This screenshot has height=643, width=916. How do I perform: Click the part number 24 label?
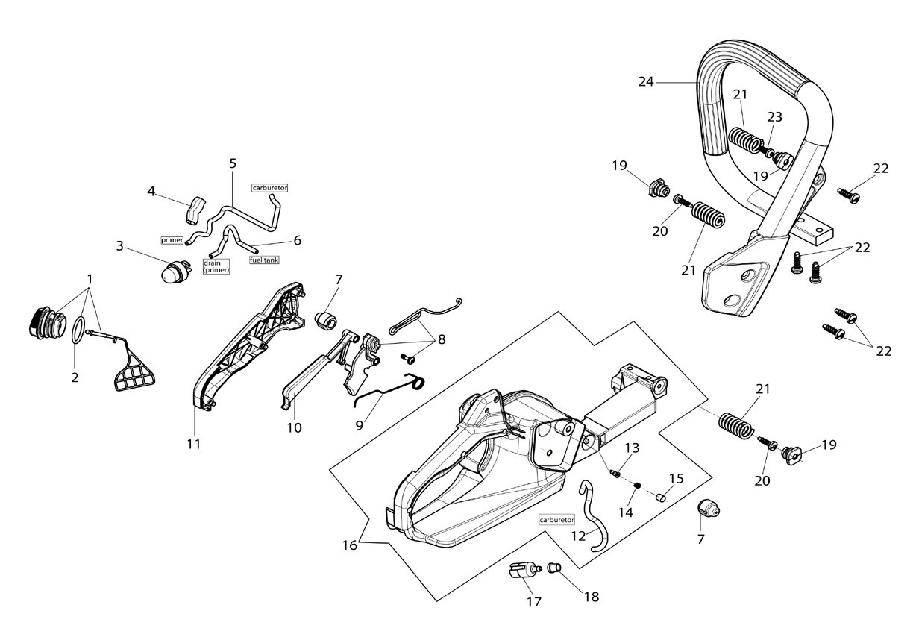tap(646, 82)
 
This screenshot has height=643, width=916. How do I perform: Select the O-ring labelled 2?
tap(78, 330)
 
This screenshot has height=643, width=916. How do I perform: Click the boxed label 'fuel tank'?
tap(264, 260)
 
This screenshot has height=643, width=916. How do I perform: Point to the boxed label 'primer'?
tap(172, 240)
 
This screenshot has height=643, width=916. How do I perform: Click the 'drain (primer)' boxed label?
tap(216, 266)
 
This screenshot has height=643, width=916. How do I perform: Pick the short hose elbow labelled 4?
tap(195, 210)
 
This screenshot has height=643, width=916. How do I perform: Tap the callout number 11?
tap(194, 444)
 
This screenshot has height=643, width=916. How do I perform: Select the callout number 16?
tap(350, 545)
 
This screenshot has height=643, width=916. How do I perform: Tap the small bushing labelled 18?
tap(554, 568)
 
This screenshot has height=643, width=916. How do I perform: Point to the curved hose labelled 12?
tap(593, 515)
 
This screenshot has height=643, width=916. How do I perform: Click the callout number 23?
tap(774, 117)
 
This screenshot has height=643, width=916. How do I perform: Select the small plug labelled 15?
tap(660, 498)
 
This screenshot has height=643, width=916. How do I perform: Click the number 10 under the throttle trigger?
tap(294, 428)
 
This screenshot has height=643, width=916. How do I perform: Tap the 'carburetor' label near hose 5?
tap(269, 188)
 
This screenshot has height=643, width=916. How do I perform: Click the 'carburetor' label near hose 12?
tap(557, 519)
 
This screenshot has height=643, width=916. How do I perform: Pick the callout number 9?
tap(359, 426)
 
